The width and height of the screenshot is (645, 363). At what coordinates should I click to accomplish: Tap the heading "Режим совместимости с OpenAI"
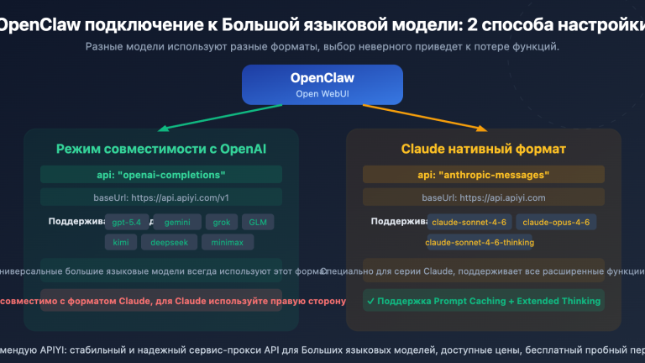(x=161, y=150)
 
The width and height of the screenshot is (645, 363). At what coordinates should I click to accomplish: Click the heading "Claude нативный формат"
(x=483, y=150)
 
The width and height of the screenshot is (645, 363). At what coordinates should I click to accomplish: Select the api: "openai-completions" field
(x=161, y=175)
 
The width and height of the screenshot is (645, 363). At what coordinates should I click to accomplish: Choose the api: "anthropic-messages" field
(x=483, y=175)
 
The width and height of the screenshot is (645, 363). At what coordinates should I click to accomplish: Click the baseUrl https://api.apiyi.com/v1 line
(x=161, y=197)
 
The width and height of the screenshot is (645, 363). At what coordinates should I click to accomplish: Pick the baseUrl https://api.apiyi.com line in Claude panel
(x=483, y=197)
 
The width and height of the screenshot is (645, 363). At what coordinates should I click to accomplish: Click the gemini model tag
(x=176, y=223)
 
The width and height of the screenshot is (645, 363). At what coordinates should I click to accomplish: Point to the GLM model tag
(x=258, y=223)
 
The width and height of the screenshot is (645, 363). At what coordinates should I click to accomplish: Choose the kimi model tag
(x=119, y=242)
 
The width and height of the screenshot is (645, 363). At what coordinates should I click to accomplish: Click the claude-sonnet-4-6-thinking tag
(x=480, y=242)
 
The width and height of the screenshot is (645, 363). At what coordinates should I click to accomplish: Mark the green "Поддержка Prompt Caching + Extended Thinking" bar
(x=483, y=300)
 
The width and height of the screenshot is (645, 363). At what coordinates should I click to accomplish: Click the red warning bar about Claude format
(x=161, y=301)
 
